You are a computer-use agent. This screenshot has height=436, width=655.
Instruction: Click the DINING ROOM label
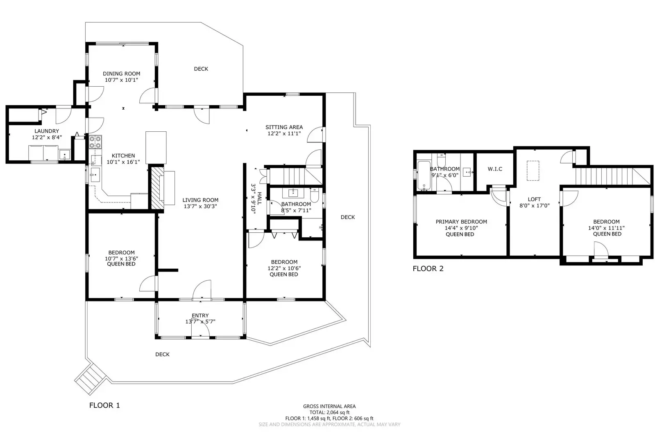[121, 74]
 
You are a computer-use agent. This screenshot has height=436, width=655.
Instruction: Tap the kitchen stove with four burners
[95, 142]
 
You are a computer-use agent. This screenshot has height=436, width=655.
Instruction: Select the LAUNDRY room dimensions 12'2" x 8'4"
[47, 137]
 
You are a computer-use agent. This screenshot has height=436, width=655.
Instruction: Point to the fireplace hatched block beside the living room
[156, 188]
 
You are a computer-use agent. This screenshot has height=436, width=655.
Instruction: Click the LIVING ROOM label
[200, 200]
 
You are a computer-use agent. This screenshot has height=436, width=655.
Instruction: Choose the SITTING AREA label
[284, 127]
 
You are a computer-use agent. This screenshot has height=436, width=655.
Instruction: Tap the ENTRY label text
[200, 315]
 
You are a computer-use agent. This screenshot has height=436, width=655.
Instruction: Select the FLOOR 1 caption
[104, 405]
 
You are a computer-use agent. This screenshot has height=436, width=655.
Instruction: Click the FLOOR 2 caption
[428, 269]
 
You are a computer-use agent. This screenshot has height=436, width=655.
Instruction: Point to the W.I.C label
[495, 169]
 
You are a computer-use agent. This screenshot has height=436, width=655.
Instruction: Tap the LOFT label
[534, 199]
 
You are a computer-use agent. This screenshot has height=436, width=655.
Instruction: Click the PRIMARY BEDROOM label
[461, 222]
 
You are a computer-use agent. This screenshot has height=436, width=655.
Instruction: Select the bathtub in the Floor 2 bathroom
[423, 176]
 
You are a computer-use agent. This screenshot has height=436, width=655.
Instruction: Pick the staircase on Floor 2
[610, 176]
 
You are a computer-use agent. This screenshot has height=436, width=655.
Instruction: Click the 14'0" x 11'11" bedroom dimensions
[606, 228]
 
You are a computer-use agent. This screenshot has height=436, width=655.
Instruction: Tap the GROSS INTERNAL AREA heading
[329, 406]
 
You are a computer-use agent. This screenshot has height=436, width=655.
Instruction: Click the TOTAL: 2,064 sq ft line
[329, 412]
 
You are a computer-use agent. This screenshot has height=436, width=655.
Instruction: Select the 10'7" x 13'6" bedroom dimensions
[121, 258]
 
